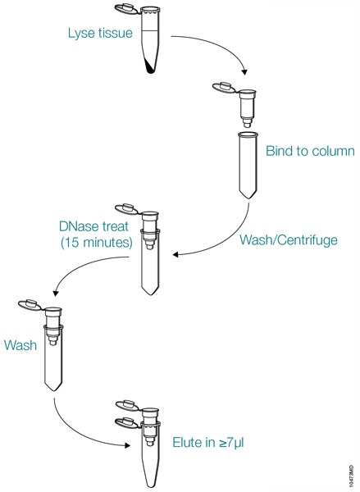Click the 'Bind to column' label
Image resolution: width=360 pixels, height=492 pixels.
tap(310, 151)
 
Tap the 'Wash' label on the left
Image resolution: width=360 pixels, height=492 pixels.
tap(21, 345)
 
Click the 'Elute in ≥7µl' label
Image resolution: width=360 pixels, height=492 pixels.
tap(209, 442)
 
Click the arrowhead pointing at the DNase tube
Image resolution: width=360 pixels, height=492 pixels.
tap(175, 253)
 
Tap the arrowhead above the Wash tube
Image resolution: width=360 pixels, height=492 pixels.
tap(54, 294)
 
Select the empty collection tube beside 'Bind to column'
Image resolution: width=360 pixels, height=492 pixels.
tap(248, 164)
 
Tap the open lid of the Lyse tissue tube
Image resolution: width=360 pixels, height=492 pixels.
tap(126, 11)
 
